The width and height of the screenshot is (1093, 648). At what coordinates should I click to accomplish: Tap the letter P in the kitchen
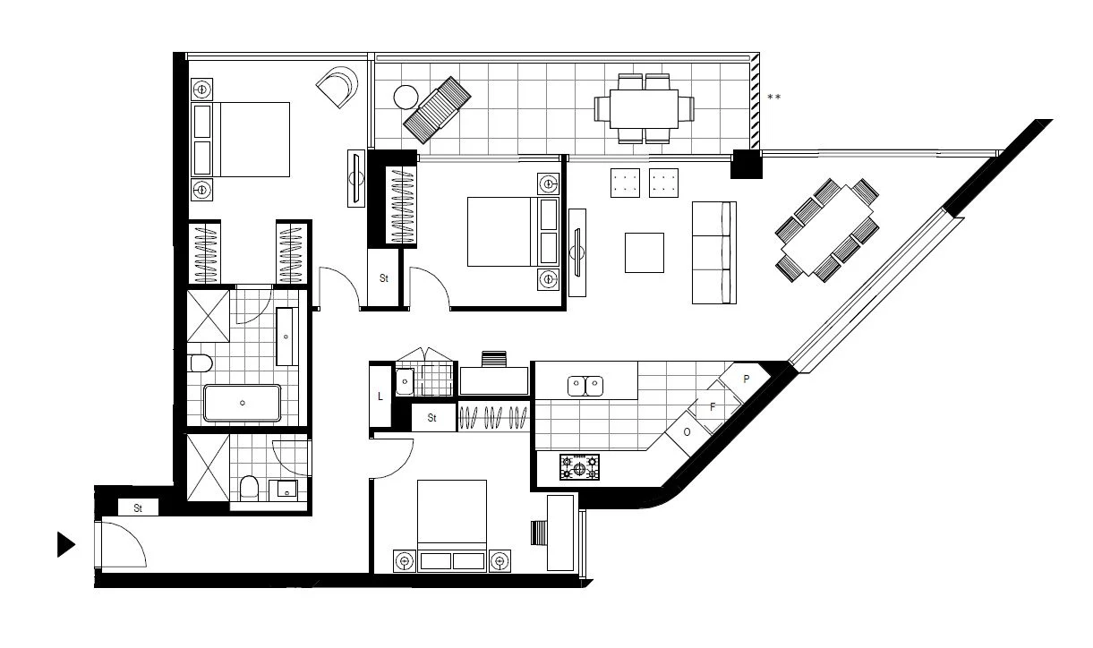click(746, 379)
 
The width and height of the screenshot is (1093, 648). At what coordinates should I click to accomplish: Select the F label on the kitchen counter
click(713, 407)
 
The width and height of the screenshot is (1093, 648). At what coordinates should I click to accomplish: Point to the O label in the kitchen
click(687, 432)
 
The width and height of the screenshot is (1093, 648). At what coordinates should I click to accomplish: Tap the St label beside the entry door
click(139, 508)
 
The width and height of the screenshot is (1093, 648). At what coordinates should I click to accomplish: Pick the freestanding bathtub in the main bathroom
click(242, 403)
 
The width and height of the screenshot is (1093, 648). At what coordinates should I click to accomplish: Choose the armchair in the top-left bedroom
click(339, 88)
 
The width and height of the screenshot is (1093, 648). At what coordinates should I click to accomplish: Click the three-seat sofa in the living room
click(714, 252)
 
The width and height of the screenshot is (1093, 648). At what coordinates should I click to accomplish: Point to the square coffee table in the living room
click(645, 252)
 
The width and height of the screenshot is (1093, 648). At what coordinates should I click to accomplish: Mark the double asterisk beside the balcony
click(773, 97)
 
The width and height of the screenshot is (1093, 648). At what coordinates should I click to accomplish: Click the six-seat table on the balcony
click(645, 108)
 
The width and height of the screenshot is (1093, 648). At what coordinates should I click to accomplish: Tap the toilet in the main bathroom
click(200, 363)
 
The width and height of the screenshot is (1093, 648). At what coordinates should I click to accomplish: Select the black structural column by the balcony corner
click(745, 165)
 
